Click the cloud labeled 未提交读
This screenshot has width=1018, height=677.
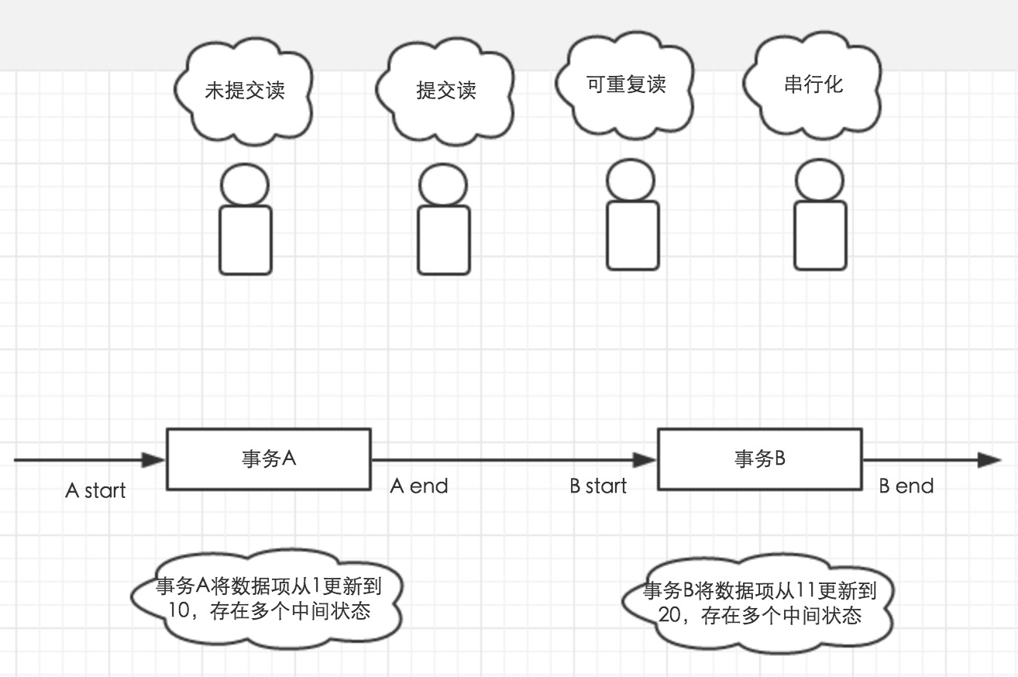tap(244, 91)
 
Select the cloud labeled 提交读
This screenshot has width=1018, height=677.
tap(445, 91)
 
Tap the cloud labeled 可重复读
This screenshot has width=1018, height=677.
tap(626, 84)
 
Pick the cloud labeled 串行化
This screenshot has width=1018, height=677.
tap(813, 84)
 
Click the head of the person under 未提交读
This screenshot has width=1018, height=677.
tap(245, 186)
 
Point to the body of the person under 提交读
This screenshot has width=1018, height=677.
tap(444, 240)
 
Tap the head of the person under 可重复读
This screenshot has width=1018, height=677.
tap(631, 180)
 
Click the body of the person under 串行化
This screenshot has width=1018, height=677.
tap(820, 235)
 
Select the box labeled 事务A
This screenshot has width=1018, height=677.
tap(268, 459)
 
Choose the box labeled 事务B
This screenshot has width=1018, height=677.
tap(759, 459)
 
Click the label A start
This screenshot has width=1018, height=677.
tap(96, 490)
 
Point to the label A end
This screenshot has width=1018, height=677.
tap(418, 486)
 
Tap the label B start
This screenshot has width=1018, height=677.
tap(598, 486)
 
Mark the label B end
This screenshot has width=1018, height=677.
tap(906, 486)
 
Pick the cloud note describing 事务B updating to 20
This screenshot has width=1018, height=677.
tap(759, 603)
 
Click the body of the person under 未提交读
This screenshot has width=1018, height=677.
tap(246, 240)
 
